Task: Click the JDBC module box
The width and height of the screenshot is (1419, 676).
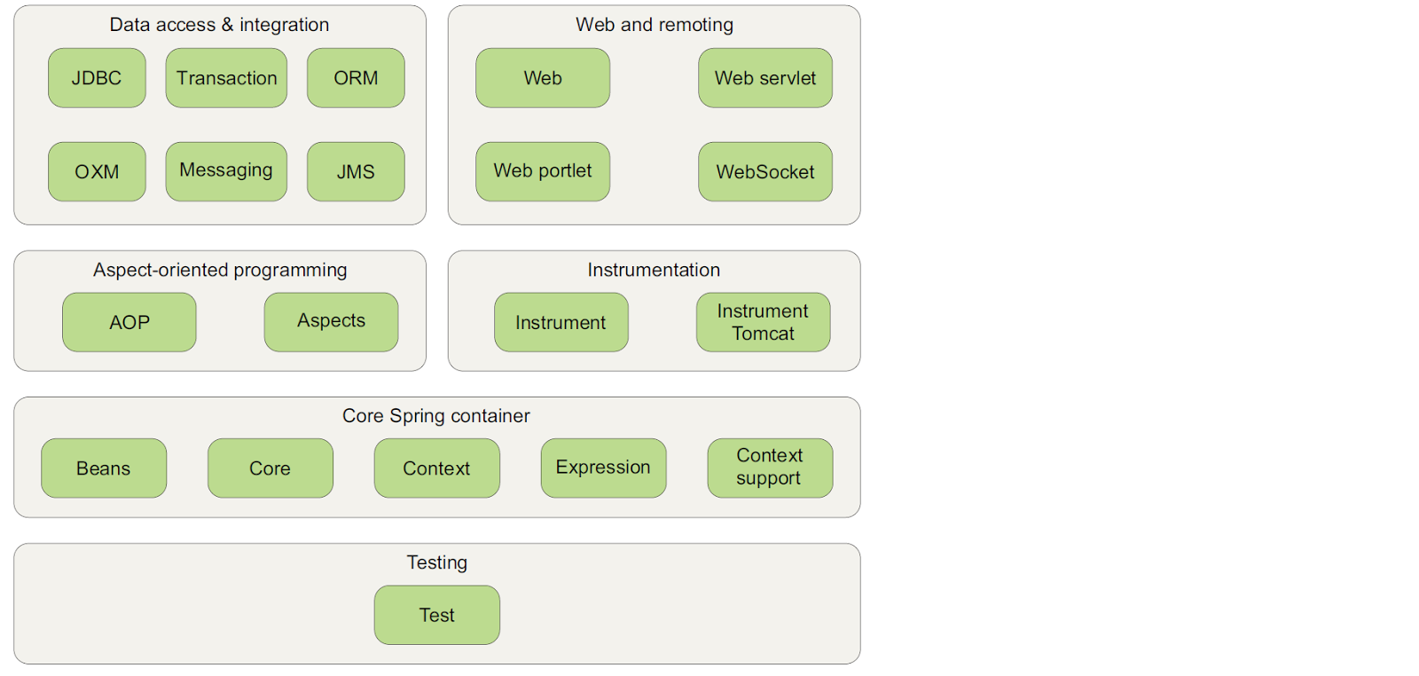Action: point(97,78)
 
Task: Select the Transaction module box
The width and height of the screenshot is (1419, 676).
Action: point(226,78)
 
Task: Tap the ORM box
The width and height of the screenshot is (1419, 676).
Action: point(356,78)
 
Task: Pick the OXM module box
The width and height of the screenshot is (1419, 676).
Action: point(97,171)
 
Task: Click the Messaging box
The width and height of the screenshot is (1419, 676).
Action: point(226,171)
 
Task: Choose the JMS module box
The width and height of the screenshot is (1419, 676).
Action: point(356,171)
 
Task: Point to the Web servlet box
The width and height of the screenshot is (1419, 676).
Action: point(764,78)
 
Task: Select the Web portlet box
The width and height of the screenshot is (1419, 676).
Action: point(543,171)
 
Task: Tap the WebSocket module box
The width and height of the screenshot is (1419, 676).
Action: point(764,171)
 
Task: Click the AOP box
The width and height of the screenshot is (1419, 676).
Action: point(129,322)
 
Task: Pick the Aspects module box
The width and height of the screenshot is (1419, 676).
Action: point(331,322)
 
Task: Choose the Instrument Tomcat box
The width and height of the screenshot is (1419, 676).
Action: point(763,322)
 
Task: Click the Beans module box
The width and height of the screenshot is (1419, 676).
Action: point(104,468)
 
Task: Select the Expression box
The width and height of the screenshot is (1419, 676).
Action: point(603,468)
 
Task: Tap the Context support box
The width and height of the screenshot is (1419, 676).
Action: point(770,468)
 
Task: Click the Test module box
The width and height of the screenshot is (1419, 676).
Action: point(436,615)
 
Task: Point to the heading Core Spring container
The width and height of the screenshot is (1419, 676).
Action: point(436,416)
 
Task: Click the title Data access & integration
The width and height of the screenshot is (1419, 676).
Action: point(219,25)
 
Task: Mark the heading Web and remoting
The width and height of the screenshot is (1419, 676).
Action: point(655,25)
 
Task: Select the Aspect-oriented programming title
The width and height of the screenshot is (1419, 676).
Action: point(220,270)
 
